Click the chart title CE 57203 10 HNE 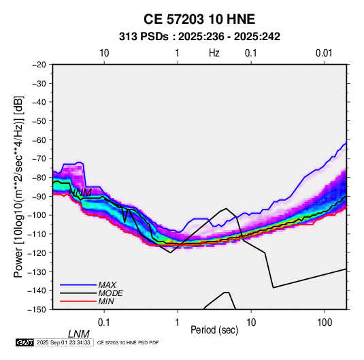(199, 19)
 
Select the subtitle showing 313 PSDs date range (199, 37)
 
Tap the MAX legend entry (107, 285)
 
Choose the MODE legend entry (110, 293)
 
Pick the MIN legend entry (106, 301)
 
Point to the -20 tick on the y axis (39, 65)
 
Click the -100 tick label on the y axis (37, 215)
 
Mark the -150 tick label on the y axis (37, 310)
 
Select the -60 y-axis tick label (39, 140)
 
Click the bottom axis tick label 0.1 (104, 322)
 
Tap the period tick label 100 (325, 322)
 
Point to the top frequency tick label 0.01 (324, 53)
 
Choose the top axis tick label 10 (104, 53)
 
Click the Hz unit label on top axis (214, 53)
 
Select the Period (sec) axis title (214, 330)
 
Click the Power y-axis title (18, 187)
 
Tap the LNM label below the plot (78, 334)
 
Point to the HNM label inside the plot (80, 193)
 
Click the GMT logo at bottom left (24, 342)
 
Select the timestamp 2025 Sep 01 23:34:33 (63, 342)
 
